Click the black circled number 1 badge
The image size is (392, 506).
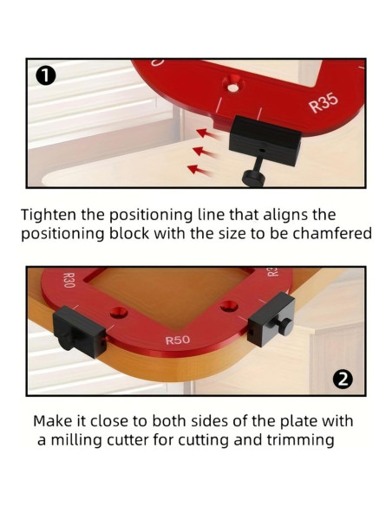pyautogui.click(x=46, y=76)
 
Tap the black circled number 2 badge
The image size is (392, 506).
pyautogui.click(x=343, y=379)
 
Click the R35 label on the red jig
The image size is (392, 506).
pyautogui.click(x=323, y=103)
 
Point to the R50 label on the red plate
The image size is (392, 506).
pyautogui.click(x=178, y=341)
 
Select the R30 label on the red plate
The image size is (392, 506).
pyautogui.click(x=69, y=280)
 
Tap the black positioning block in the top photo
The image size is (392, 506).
pyautogui.click(x=265, y=140)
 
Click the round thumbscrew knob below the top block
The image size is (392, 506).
pyautogui.click(x=253, y=178)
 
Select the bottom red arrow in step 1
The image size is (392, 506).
pyautogui.click(x=199, y=170)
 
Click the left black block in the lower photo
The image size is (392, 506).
pyautogui.click(x=78, y=331)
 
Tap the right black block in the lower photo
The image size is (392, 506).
pyautogui.click(x=271, y=319)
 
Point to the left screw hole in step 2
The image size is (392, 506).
pyautogui.click(x=118, y=312)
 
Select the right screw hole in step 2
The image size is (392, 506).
pyautogui.click(x=229, y=306)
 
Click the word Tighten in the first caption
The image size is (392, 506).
pyautogui.click(x=49, y=215)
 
